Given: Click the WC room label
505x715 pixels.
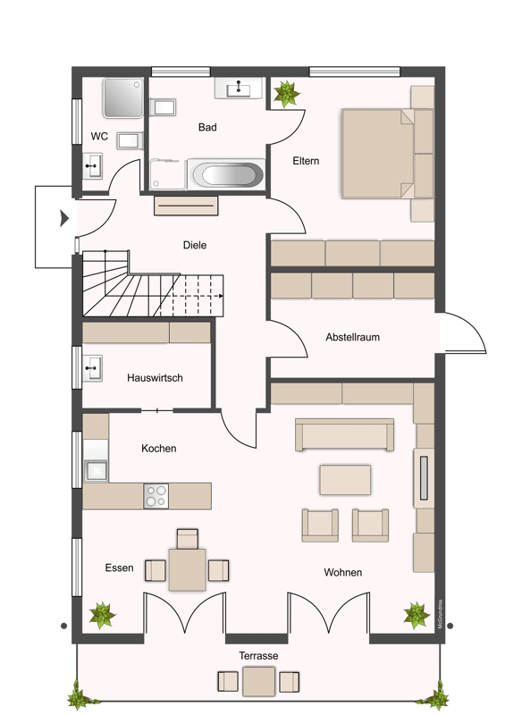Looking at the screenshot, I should point(99,137).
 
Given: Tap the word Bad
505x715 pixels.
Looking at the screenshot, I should point(207,128).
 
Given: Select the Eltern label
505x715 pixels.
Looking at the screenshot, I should point(306,162).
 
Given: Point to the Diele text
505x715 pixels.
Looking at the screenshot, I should point(195,245).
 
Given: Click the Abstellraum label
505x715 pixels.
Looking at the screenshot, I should point(353,338).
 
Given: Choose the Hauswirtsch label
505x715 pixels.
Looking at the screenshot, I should point(155,378).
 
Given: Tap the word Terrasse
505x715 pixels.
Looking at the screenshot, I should point(258,656).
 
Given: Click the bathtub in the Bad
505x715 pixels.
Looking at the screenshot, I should point(226,174).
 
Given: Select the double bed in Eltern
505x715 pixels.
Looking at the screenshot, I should point(377,153).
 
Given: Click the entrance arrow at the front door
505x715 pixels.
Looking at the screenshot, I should point(63,218).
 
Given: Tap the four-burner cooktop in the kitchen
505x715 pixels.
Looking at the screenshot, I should point(156,495).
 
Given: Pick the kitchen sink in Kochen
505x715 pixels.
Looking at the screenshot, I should point(95,470).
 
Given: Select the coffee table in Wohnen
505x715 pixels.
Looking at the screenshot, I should point(345,480).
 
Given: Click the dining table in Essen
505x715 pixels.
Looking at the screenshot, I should point(187,569).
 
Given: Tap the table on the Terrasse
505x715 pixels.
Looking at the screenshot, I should point(259,681).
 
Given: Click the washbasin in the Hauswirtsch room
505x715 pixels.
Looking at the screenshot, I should point(93,366).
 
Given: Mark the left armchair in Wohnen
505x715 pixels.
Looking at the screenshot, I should point(320,525).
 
